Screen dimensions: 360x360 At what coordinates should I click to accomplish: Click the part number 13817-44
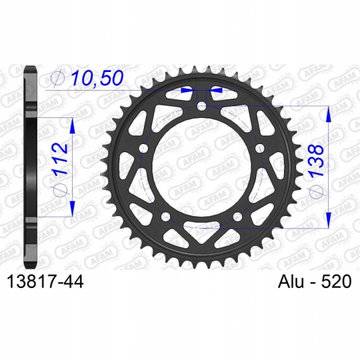[43, 282]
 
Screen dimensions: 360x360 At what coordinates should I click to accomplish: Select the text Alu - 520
[311, 282]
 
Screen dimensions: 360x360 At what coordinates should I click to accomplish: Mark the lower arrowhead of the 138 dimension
[328, 218]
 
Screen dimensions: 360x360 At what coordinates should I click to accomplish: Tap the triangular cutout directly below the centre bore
[203, 230]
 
